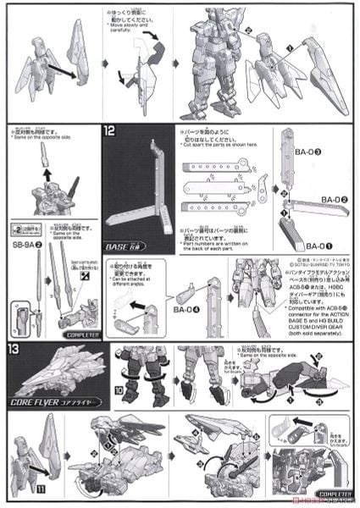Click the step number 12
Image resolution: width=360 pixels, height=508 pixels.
click(110, 132)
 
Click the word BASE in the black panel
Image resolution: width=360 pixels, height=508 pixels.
click(117, 246)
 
